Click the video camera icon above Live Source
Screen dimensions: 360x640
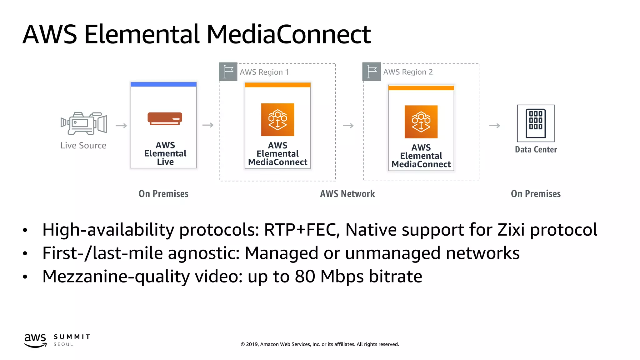(x=84, y=123)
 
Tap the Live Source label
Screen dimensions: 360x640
(x=83, y=146)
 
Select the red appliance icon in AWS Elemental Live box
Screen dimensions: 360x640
(x=165, y=119)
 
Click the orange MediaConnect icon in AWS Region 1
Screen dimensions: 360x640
(x=277, y=120)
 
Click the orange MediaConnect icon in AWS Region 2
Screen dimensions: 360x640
(x=421, y=122)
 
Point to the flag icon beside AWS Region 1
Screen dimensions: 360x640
(x=228, y=72)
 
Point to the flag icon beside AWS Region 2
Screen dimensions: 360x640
(x=372, y=72)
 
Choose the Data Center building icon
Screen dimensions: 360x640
(x=536, y=123)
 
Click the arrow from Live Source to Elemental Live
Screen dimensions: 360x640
(x=121, y=126)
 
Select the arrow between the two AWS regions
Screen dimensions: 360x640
(x=348, y=126)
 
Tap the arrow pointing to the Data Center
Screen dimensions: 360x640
(x=494, y=126)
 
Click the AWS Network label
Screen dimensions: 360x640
(x=347, y=194)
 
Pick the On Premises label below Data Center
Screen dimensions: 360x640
(x=536, y=194)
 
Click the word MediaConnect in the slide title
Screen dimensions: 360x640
(x=288, y=34)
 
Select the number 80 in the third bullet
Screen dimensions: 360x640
(x=305, y=277)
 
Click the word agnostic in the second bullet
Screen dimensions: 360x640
(x=204, y=253)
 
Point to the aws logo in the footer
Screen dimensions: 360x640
(x=35, y=340)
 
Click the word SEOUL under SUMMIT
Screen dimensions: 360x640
(x=63, y=344)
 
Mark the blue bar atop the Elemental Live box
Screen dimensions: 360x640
(x=163, y=84)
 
